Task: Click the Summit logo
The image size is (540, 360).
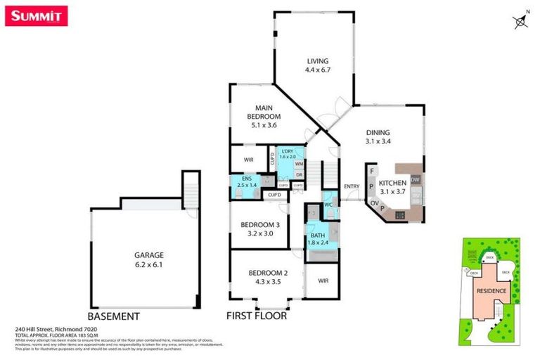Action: coord(37,15)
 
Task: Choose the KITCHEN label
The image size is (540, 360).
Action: coord(392,186)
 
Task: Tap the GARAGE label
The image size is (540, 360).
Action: coord(148,259)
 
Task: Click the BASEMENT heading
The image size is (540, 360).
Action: coord(113,316)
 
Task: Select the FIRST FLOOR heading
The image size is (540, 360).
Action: coord(256,316)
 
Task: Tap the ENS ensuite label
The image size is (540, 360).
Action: coord(247,182)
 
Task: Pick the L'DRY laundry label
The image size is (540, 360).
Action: coord(287,154)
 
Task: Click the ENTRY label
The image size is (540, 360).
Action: coord(352,186)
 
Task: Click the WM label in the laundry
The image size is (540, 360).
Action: coord(298,164)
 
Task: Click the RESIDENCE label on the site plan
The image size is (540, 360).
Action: coord(491,290)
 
